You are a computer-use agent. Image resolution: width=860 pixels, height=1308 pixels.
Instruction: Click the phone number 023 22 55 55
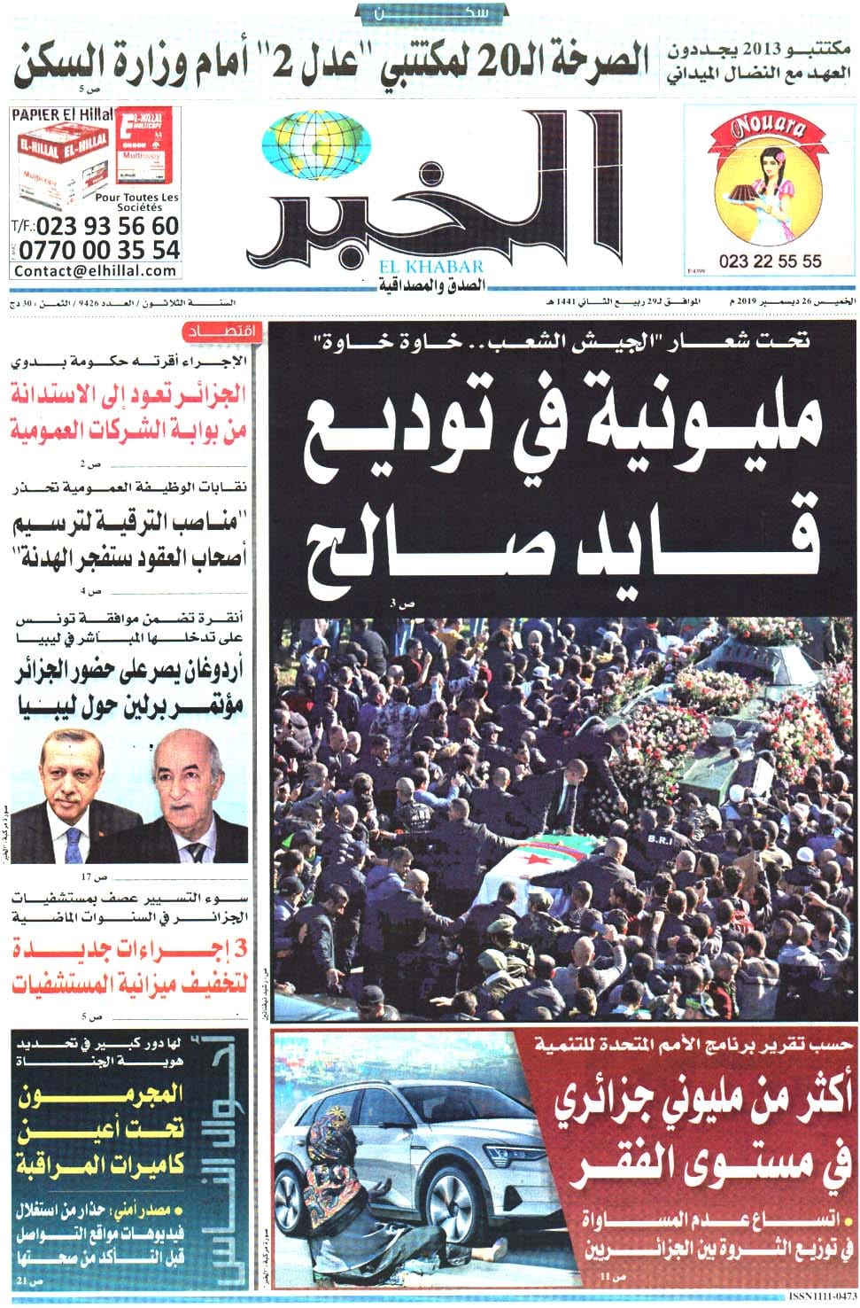coord(770,261)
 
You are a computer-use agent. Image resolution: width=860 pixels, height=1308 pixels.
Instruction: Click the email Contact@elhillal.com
coord(96,270)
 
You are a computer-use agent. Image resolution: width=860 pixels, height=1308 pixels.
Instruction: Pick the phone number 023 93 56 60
coord(108,227)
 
